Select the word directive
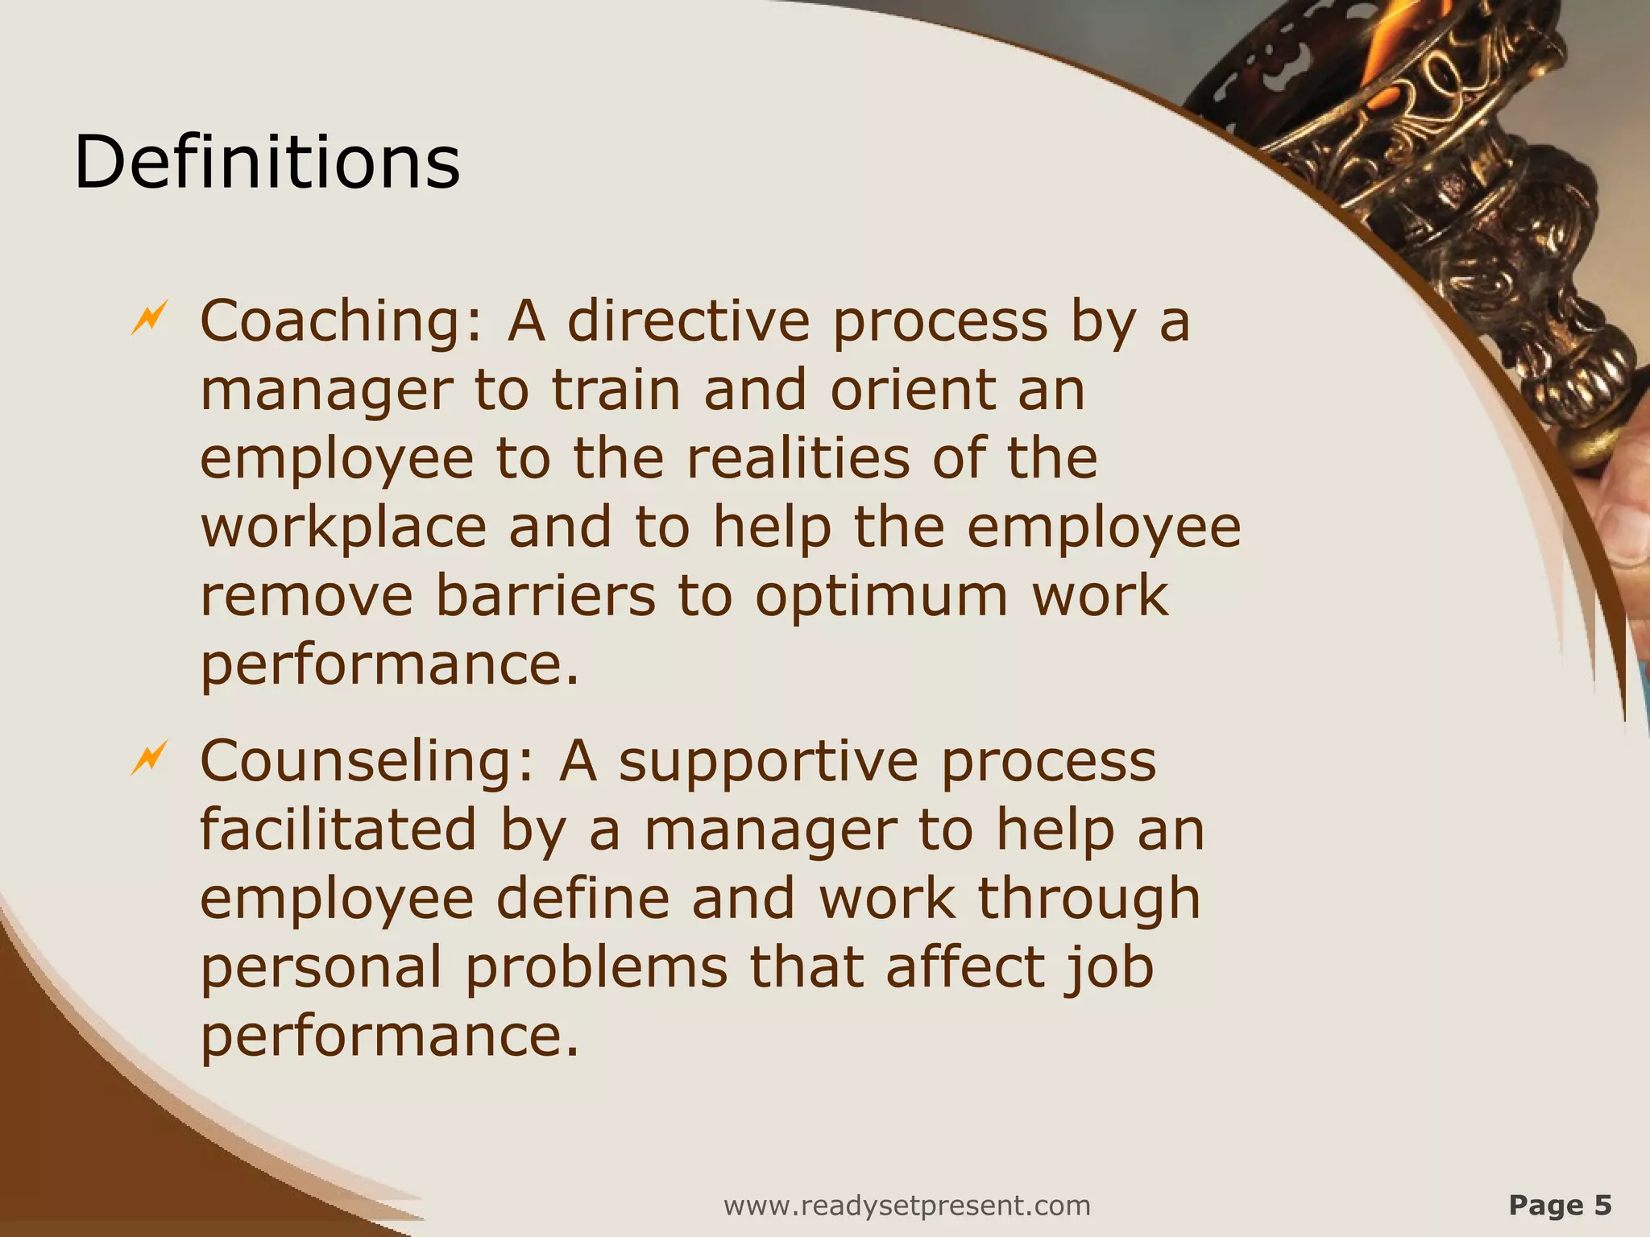point(688,321)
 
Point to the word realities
point(798,458)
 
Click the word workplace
point(343,529)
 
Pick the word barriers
point(545,596)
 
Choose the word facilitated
point(338,829)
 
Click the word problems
point(597,969)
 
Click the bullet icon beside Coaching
point(149,317)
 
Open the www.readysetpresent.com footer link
point(907,1206)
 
